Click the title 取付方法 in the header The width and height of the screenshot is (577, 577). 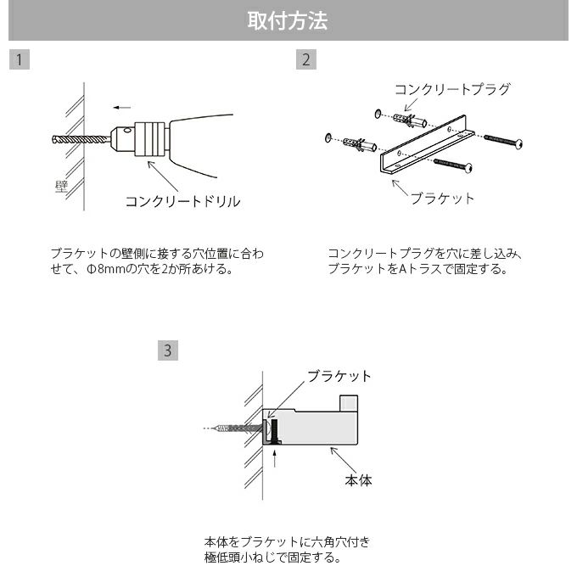pyautogui.click(x=288, y=21)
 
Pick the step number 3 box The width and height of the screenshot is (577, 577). pyautogui.click(x=168, y=350)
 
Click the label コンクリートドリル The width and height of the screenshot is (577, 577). pyautogui.click(x=182, y=201)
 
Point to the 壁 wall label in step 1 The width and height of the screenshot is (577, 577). pyautogui.click(x=61, y=186)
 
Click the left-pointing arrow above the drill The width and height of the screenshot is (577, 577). pyautogui.click(x=122, y=107)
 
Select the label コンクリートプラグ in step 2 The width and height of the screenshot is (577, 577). pyautogui.click(x=452, y=89)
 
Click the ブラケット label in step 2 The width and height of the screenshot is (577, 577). pyautogui.click(x=442, y=198)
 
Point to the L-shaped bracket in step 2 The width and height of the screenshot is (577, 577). pyautogui.click(x=425, y=144)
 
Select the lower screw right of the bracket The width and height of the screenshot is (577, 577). pyautogui.click(x=453, y=164)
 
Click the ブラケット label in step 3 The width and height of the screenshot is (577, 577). pyautogui.click(x=339, y=376)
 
